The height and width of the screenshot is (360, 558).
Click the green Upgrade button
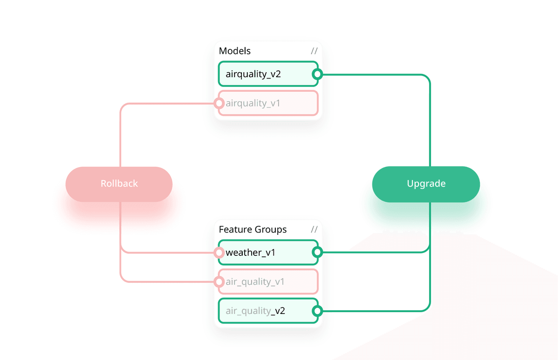(x=426, y=184)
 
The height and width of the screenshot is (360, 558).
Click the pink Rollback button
(x=119, y=184)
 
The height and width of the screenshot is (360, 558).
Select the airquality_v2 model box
(x=268, y=74)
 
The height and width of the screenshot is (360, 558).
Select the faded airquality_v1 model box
(x=268, y=103)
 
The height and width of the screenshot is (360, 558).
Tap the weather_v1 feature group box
(x=268, y=253)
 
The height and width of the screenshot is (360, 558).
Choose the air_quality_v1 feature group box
(x=268, y=282)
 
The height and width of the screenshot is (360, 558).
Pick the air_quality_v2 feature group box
(x=268, y=311)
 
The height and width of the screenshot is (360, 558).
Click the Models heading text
(x=235, y=51)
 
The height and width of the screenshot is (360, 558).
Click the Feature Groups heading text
(x=252, y=230)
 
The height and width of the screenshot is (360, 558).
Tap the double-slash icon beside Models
(x=314, y=51)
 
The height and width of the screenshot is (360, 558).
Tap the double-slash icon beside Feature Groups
(x=314, y=230)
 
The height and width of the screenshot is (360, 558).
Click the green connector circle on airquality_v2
(x=318, y=74)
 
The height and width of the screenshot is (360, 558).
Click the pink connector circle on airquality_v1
(x=219, y=103)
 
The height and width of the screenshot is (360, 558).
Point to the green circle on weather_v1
(x=318, y=253)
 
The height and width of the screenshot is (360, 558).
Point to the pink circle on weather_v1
(x=219, y=253)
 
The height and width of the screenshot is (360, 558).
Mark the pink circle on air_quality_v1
(x=219, y=282)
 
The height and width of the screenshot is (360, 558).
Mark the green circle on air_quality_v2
(x=318, y=311)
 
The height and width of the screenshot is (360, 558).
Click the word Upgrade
(x=426, y=184)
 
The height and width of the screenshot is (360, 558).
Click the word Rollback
(x=119, y=184)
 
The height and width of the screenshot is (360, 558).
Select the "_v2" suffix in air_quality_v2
(x=278, y=311)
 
